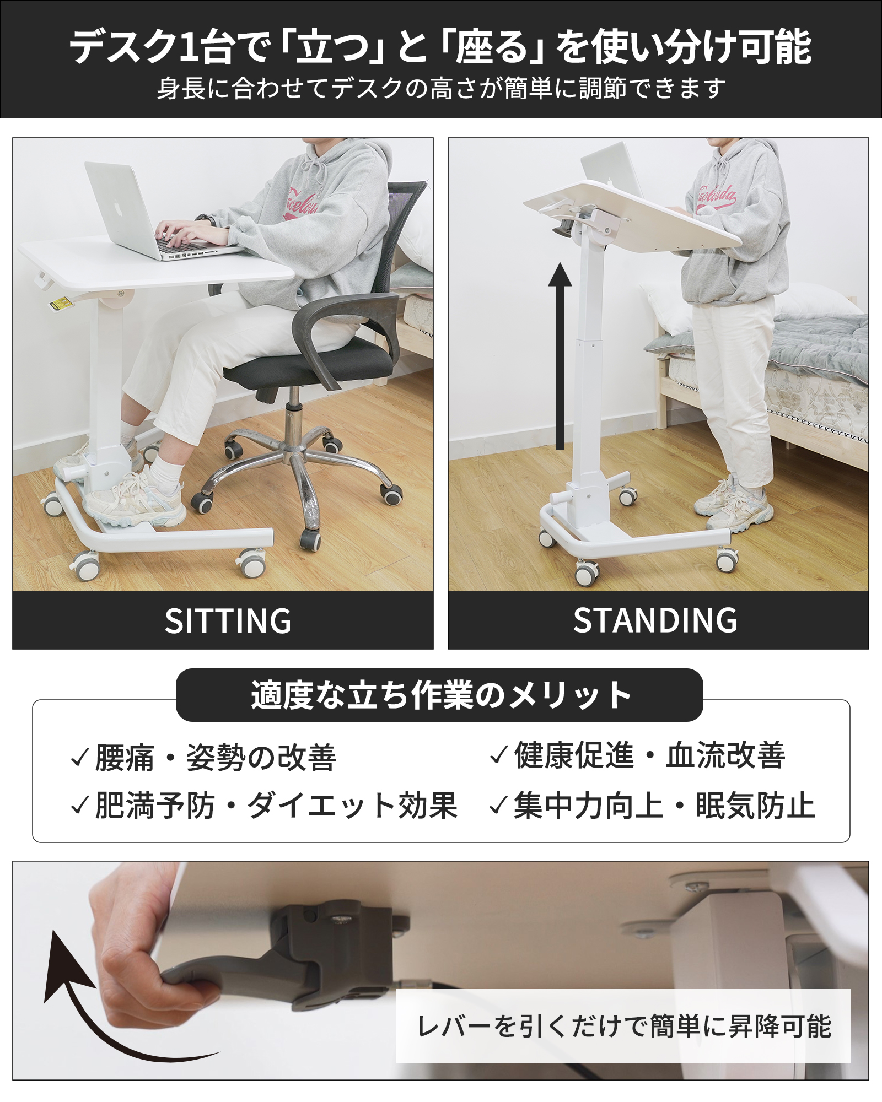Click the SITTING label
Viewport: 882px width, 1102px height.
tap(228, 621)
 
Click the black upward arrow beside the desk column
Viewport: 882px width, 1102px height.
tap(560, 358)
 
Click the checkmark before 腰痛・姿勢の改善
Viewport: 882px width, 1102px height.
tap(80, 758)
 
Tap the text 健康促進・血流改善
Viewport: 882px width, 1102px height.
tap(649, 755)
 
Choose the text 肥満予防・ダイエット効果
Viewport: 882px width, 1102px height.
tap(276, 806)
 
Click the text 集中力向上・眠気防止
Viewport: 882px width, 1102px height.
tap(664, 806)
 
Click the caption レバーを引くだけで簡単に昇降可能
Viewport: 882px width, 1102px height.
tap(623, 1026)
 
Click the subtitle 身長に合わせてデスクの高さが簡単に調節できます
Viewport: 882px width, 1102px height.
tap(441, 88)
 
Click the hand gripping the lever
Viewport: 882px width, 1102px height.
tap(138, 959)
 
